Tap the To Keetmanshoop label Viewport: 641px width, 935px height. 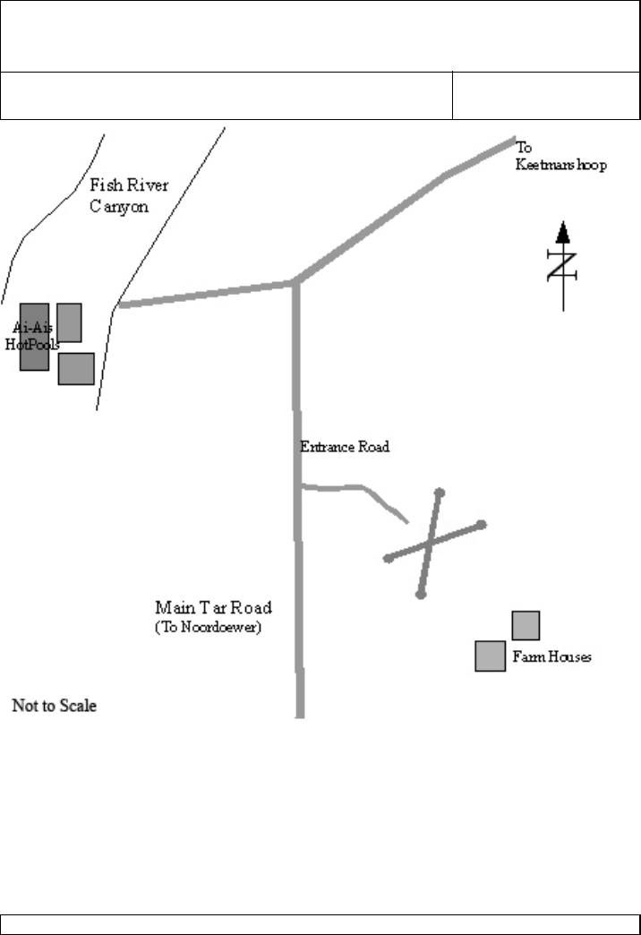[560, 157]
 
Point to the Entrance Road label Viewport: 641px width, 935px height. [345, 447]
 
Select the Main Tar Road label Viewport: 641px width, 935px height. [211, 609]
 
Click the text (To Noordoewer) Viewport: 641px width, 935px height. [208, 629]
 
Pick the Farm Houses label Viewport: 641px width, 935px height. [551, 657]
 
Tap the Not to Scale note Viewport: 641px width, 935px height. [54, 707]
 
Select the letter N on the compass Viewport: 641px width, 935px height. [562, 266]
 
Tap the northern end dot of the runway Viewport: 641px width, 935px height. [440, 492]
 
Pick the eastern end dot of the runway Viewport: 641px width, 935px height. [482, 524]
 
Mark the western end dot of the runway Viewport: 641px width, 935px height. [388, 559]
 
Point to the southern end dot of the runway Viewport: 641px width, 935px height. [421, 594]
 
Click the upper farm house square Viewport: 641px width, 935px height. [526, 625]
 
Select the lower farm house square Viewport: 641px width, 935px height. [491, 656]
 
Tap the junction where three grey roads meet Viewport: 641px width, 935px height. [295, 283]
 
